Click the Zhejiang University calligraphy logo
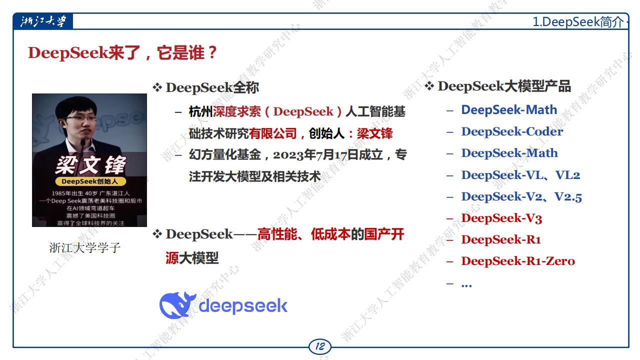(43, 21)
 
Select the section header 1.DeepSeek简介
(578, 21)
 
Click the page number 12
(320, 346)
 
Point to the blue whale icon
(176, 305)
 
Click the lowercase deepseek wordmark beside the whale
(243, 305)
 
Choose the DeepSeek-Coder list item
(512, 131)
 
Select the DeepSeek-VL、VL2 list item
(520, 175)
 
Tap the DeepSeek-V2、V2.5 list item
(521, 196)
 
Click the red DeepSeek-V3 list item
(501, 218)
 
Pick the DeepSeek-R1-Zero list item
(518, 261)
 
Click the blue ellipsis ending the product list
(466, 285)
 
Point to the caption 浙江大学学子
(85, 247)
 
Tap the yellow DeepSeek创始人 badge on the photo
(90, 181)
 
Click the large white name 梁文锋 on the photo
(90, 165)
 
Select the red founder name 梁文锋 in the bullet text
(374, 133)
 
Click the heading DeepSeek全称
(212, 87)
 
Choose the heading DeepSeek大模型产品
(504, 86)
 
